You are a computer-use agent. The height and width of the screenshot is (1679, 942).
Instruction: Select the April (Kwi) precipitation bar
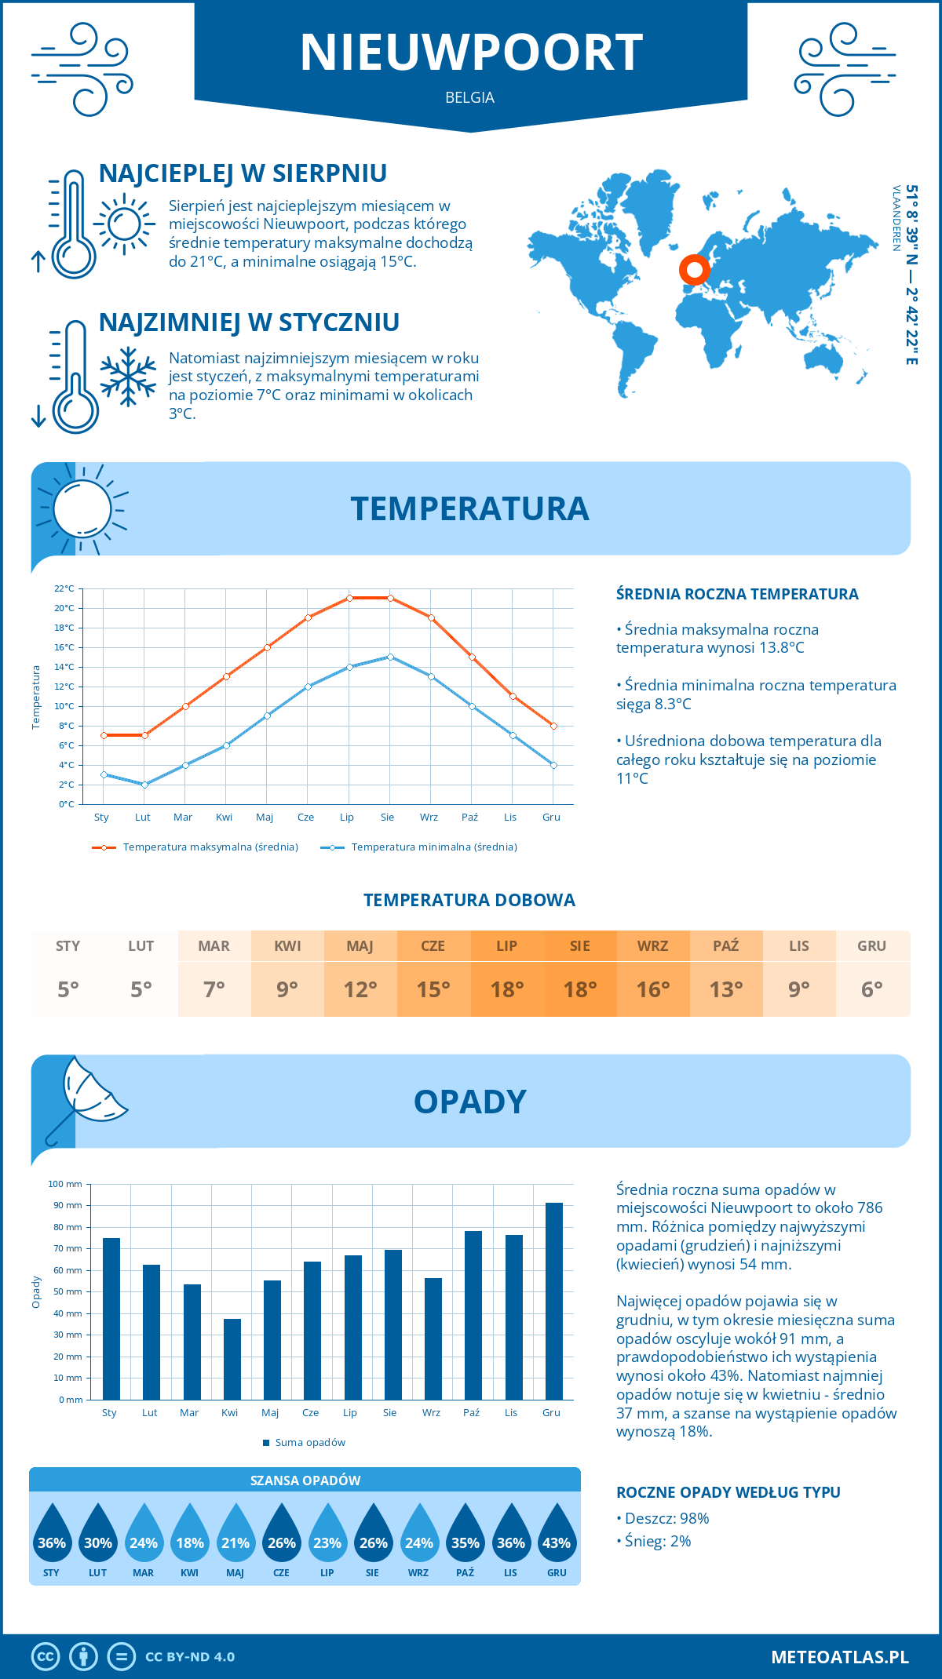pyautogui.click(x=232, y=1359)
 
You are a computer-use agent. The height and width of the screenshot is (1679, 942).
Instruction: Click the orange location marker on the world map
pyautogui.click(x=694, y=270)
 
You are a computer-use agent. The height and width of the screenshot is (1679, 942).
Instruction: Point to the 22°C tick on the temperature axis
pyautogui.click(x=64, y=588)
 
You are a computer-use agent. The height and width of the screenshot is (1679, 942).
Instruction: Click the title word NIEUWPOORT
pyautogui.click(x=471, y=53)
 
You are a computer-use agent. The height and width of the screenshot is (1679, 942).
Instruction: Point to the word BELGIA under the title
pyautogui.click(x=469, y=97)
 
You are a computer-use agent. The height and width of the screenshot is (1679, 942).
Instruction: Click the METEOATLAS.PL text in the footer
pyautogui.click(x=839, y=1657)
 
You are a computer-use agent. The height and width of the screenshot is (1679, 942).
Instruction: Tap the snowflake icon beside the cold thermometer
pyautogui.click(x=128, y=377)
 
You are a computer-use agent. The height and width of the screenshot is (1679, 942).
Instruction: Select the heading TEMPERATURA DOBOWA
pyautogui.click(x=469, y=900)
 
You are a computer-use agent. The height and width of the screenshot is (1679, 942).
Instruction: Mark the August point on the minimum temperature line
pyautogui.click(x=390, y=657)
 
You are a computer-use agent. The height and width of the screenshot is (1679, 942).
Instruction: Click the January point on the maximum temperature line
pyautogui.click(x=104, y=735)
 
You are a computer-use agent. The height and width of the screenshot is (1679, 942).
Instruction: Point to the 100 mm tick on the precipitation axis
pyautogui.click(x=65, y=1184)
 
